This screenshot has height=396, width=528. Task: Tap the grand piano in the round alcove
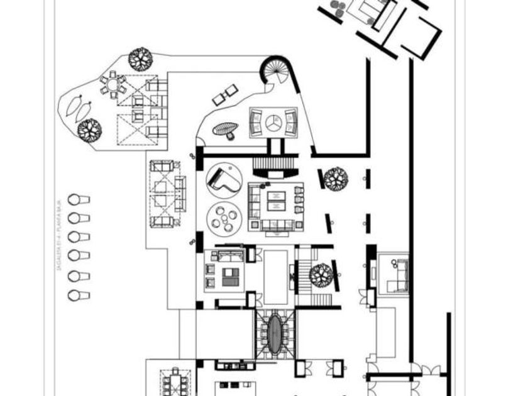pyautogui.click(x=224, y=179)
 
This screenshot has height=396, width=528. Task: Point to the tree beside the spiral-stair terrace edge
pyautogui.click(x=140, y=59)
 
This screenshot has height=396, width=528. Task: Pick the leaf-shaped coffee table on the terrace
pyautogui.click(x=226, y=129)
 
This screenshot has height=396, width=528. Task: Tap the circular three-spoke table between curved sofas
pyautogui.click(x=273, y=123)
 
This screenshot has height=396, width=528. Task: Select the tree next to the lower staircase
pyautogui.click(x=321, y=275)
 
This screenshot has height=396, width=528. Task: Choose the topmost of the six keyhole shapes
pyautogui.click(x=79, y=200)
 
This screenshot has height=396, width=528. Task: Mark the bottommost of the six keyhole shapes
pyautogui.click(x=79, y=295)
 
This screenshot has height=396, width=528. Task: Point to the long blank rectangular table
pyautogui.click(x=275, y=277)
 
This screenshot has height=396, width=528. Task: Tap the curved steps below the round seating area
pyautogui.click(x=273, y=165)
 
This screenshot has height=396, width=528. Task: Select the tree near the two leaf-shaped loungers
pyautogui.click(x=89, y=129)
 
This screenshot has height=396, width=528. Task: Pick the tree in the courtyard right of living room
pyautogui.click(x=336, y=178)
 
